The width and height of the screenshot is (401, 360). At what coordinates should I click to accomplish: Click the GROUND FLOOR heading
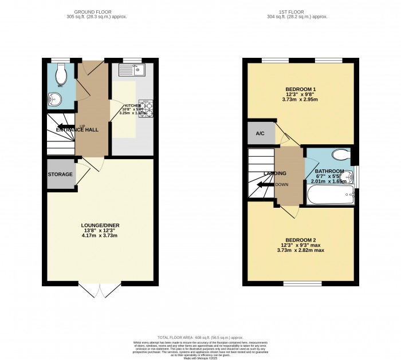100,11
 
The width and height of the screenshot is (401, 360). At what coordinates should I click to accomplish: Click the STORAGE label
60,174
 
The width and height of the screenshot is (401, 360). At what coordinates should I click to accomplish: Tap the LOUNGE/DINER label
100,226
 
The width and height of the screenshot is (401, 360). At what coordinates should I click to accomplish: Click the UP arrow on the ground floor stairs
65,126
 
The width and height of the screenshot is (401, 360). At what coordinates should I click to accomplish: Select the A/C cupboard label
260,133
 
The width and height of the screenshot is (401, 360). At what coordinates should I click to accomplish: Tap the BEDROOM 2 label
301,240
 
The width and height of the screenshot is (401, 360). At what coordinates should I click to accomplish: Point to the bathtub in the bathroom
331,197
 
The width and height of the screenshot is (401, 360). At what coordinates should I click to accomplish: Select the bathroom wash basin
349,177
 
